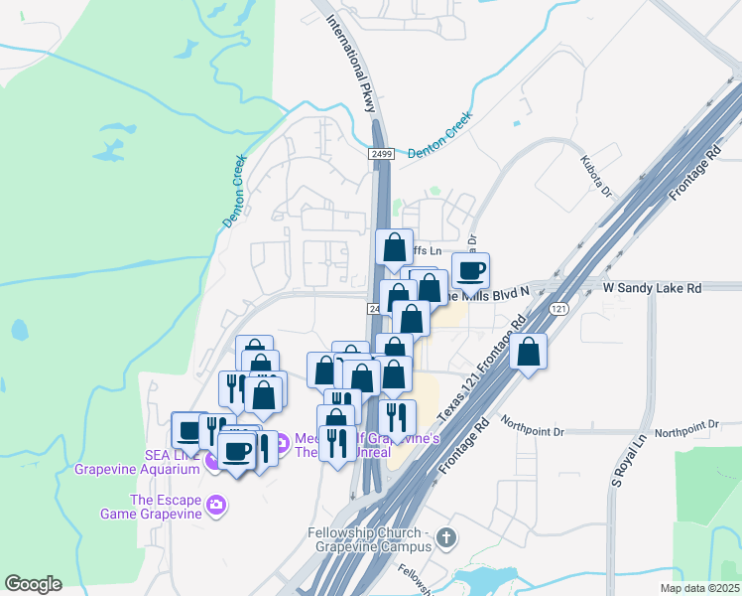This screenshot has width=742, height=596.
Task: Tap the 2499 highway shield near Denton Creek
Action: [382, 154]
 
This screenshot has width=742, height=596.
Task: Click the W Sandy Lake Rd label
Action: [652, 288]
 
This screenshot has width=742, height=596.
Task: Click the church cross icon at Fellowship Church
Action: [446, 538]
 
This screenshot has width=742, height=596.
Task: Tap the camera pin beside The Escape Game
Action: [215, 507]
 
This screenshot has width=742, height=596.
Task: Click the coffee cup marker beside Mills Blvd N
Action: [471, 269]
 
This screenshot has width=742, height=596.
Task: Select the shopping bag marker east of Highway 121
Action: [530, 351]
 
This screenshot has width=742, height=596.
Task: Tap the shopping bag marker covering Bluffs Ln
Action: [395, 247]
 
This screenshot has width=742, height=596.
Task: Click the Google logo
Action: [33, 584]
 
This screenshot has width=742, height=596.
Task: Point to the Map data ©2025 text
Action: [698, 588]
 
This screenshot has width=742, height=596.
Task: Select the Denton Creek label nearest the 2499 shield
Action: [440, 134]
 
